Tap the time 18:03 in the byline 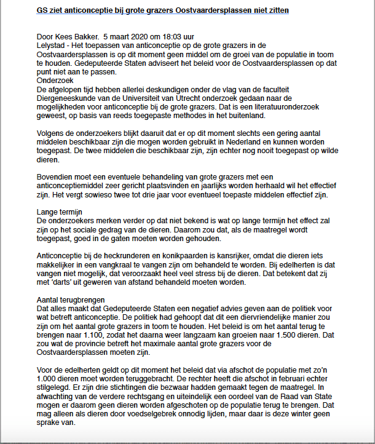[x=167, y=37]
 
